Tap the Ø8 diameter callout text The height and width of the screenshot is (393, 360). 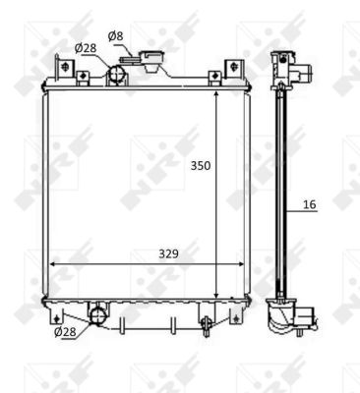point(116,36)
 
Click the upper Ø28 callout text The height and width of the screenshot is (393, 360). point(86,48)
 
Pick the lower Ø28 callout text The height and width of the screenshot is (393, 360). point(65,332)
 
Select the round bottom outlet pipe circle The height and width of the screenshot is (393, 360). point(97,315)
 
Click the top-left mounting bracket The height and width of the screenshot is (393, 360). point(65,69)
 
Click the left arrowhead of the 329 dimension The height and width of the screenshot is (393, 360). point(52,264)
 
